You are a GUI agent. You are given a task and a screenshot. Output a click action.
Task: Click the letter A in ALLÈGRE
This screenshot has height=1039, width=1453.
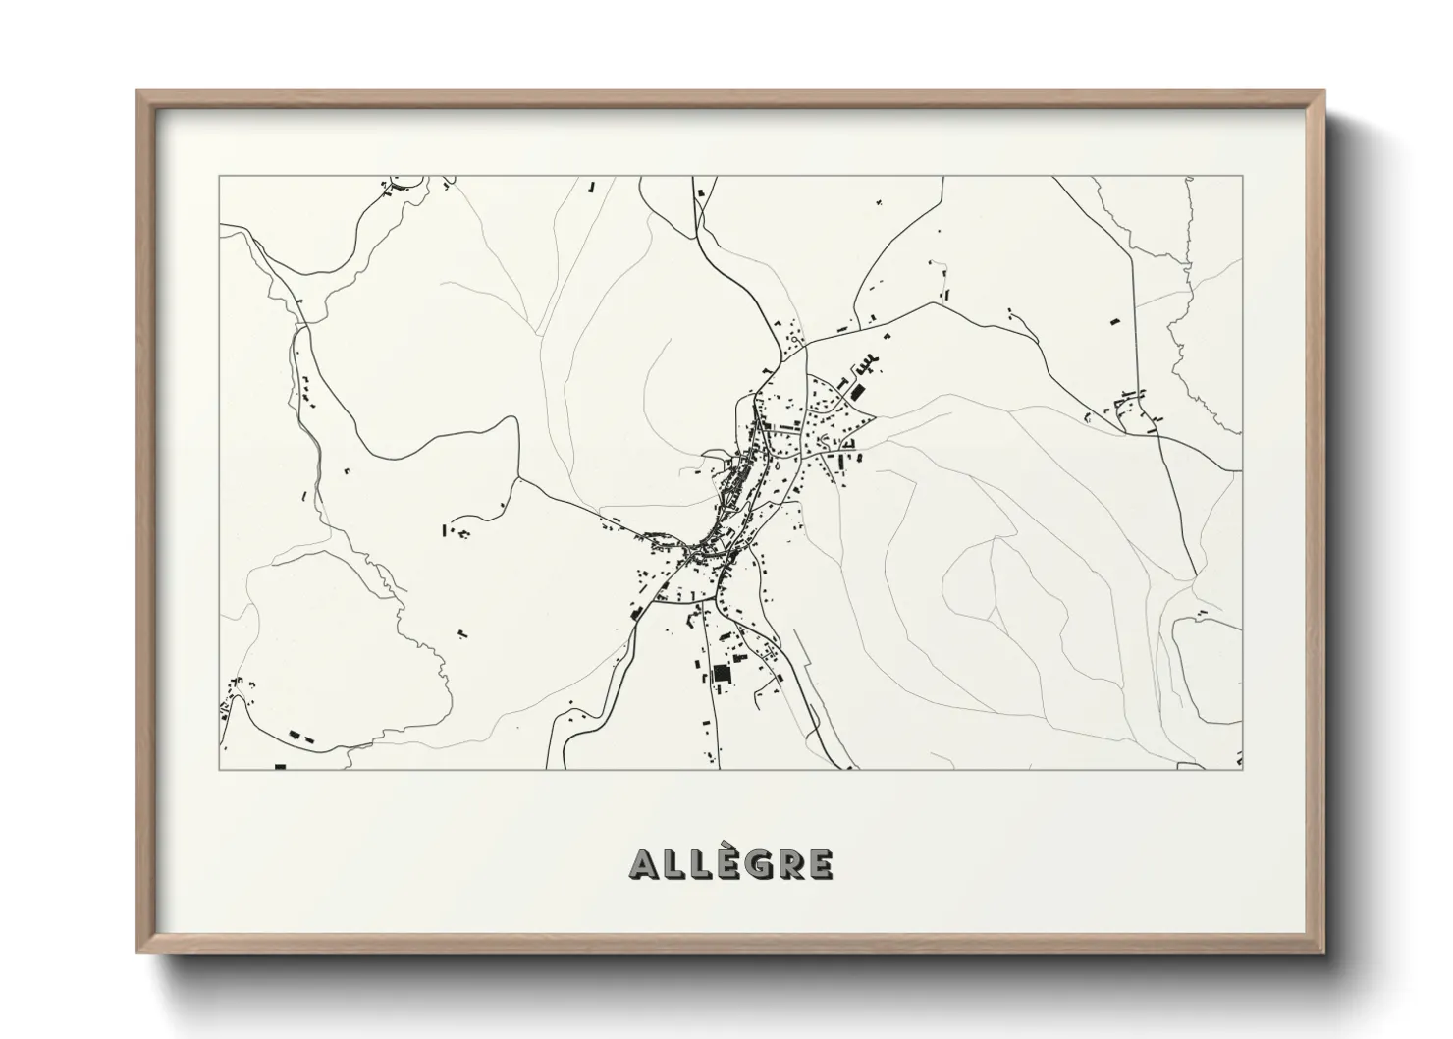tap(640, 864)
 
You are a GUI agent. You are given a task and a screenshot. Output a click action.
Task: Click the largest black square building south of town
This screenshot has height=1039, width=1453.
tap(723, 675)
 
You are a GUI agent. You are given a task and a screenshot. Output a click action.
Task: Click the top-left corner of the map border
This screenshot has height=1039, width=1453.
tap(219, 177)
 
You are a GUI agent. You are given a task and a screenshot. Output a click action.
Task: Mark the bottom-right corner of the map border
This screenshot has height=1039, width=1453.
tap(1243, 769)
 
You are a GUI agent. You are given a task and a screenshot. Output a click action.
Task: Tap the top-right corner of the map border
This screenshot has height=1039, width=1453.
tap(1243, 177)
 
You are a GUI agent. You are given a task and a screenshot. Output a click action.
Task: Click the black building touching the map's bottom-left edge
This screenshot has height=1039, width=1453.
tap(280, 765)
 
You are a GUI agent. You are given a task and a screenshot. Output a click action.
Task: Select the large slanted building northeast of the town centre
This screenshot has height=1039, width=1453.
tap(856, 392)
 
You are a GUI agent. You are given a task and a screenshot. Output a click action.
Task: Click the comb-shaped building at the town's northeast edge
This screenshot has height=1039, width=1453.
tap(863, 366)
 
